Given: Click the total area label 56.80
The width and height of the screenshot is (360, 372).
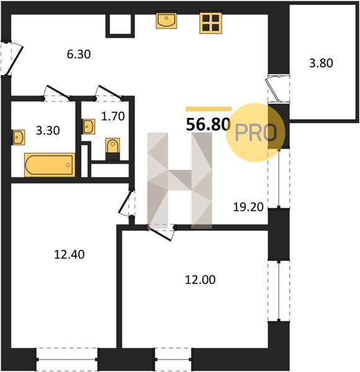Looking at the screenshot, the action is point(209,125).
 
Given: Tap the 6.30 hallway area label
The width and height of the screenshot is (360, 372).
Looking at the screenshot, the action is point(79,55).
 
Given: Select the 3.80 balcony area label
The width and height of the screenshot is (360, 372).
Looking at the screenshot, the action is point(321,63).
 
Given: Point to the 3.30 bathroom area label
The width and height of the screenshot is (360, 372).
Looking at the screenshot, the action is point(48,130).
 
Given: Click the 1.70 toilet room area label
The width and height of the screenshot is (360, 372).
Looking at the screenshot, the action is point(113,117).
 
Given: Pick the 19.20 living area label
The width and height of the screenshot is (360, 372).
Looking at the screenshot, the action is point(248,207).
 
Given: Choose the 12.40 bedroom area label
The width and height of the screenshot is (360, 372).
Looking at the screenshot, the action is point(70,255).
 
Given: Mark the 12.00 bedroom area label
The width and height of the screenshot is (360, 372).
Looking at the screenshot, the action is point(200,280).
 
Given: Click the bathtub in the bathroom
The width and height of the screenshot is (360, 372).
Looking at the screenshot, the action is point(50,165).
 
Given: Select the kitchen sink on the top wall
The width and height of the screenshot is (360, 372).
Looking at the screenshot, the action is point(166,21).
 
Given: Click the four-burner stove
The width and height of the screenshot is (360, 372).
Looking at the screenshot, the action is point(210,23).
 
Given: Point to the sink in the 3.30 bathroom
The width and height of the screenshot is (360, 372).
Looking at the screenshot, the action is point(18,137).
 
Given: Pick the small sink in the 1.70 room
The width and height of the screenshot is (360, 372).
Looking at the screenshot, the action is point(89,126).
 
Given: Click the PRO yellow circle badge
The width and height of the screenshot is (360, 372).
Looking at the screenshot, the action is point(256,133).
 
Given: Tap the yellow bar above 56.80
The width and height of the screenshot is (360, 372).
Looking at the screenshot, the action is point(209,109).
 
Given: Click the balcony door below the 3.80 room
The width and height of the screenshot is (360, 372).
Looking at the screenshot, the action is point(276,89).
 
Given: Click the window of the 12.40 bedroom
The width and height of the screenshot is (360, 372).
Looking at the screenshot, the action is point(67,360).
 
